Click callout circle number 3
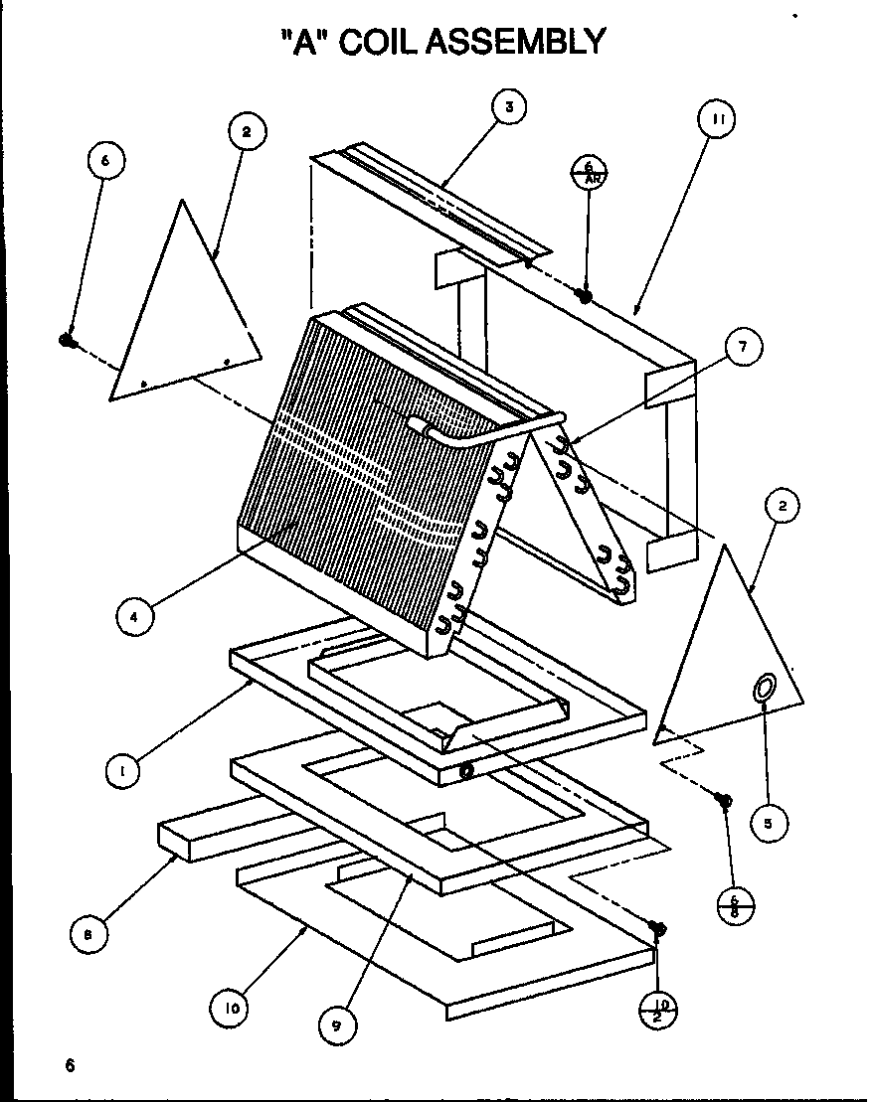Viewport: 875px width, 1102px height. [508, 107]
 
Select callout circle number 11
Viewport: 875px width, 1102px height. [716, 119]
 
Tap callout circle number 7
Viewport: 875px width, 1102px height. [743, 347]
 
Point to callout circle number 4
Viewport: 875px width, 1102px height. [133, 615]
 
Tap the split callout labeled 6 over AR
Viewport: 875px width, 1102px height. [589, 170]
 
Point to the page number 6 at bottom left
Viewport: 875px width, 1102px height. [70, 1066]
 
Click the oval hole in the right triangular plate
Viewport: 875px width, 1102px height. [766, 687]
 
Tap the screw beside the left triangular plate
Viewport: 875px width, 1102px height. [68, 340]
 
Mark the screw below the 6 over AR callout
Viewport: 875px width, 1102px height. [586, 295]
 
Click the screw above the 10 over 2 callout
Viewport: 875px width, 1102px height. [657, 928]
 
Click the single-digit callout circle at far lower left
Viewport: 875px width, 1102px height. [89, 932]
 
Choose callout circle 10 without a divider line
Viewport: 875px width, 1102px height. [231, 1010]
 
